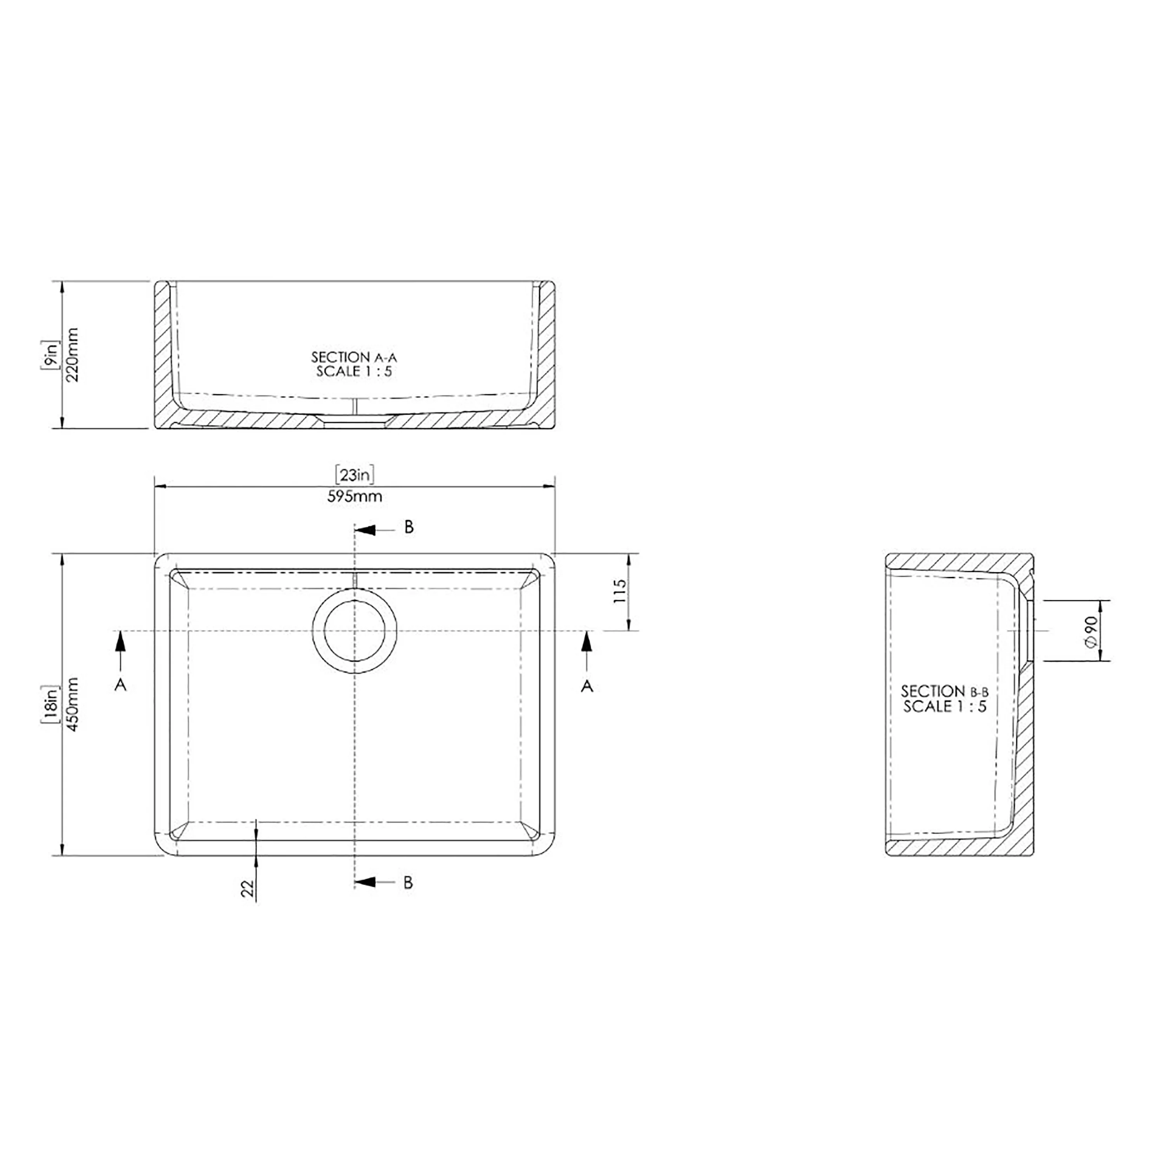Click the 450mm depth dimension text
pyautogui.click(x=72, y=704)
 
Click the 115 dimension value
pyautogui.click(x=619, y=592)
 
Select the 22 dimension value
pyautogui.click(x=248, y=888)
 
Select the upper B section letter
pyautogui.click(x=409, y=527)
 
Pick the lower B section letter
pyautogui.click(x=408, y=883)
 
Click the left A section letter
pyautogui.click(x=121, y=685)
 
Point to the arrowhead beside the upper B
pyautogui.click(x=366, y=530)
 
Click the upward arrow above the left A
pyautogui.click(x=121, y=642)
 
